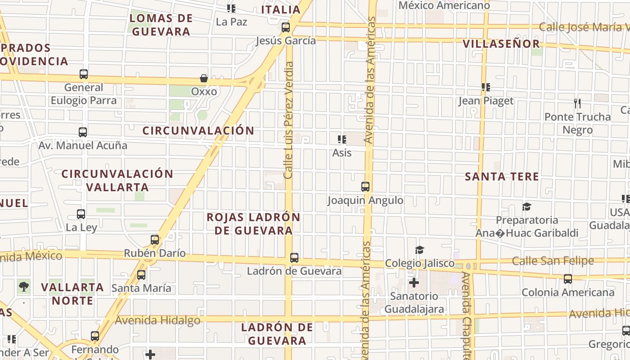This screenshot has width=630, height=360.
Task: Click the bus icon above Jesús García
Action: click(x=286, y=27)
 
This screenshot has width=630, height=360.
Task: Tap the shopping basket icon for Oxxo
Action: click(x=204, y=78)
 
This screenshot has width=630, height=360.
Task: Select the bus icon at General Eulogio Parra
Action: click(x=84, y=74)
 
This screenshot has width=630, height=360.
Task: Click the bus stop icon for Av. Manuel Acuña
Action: click(x=83, y=132)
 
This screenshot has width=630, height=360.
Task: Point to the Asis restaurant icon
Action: click(x=342, y=139)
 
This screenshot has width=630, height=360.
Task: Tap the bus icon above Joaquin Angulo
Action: click(x=365, y=187)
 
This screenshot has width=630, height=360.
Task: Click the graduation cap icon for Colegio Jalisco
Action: click(x=419, y=250)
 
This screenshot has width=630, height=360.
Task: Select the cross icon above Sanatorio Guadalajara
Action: click(x=414, y=283)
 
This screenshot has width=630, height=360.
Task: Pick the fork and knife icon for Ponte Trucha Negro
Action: click(x=577, y=103)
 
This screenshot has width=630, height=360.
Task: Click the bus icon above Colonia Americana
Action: click(x=568, y=279)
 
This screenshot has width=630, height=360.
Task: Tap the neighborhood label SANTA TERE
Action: click(x=502, y=176)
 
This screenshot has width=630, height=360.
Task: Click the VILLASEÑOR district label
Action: click(x=501, y=44)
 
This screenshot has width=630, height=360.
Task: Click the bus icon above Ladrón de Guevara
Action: click(x=294, y=258)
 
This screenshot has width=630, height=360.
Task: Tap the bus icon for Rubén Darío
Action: click(x=155, y=240)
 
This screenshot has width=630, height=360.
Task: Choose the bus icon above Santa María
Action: click(x=141, y=274)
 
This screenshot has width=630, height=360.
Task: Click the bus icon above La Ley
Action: click(x=81, y=214)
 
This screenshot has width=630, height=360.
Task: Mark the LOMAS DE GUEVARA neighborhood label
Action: click(x=161, y=25)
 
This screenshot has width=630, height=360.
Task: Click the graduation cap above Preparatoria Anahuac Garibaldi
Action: click(x=526, y=207)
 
